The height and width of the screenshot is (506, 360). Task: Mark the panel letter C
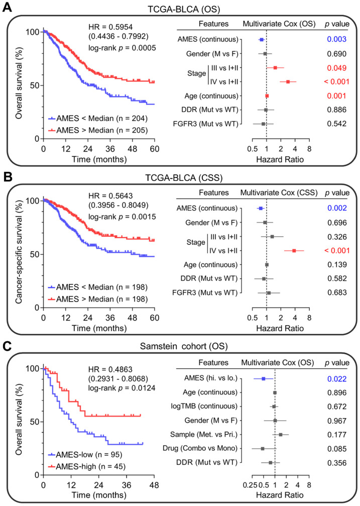point(8,344)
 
